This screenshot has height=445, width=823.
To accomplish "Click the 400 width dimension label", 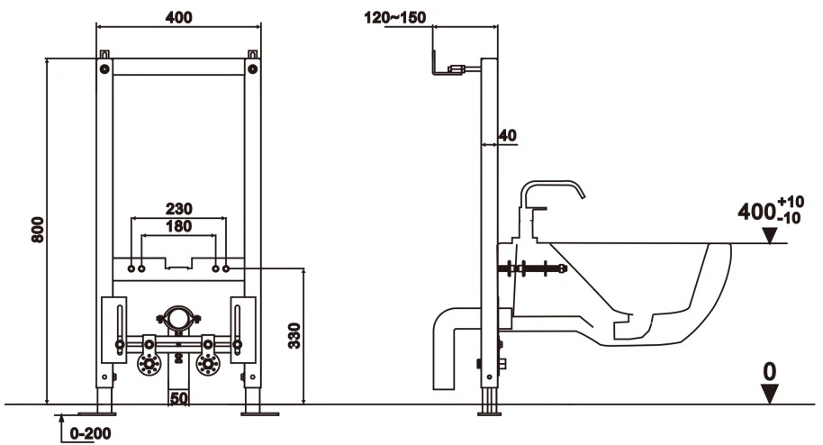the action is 178,17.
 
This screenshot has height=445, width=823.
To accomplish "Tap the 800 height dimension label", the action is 38,229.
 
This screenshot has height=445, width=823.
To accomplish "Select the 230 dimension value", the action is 179,209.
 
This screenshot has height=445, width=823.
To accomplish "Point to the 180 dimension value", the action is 179,226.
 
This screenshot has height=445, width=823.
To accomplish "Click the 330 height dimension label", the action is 294,336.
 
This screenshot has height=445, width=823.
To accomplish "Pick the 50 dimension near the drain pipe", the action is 178,398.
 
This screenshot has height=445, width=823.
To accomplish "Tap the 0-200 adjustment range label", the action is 90,433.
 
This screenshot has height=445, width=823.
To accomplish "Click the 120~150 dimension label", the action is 395,17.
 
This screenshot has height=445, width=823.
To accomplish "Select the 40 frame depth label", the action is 508,135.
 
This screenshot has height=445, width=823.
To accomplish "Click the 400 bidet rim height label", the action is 756,212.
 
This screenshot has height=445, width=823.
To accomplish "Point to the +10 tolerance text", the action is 791,201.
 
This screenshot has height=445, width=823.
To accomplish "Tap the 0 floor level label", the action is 769,372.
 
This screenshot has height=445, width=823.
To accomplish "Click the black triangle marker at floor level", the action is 770,394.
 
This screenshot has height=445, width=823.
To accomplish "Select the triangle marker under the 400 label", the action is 770,236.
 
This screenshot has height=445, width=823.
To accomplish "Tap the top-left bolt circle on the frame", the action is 104,68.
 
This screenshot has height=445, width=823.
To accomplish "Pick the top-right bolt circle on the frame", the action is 252,68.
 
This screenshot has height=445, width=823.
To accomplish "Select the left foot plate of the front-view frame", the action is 96,414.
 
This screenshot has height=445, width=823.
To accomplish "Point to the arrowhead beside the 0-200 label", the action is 61,419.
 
